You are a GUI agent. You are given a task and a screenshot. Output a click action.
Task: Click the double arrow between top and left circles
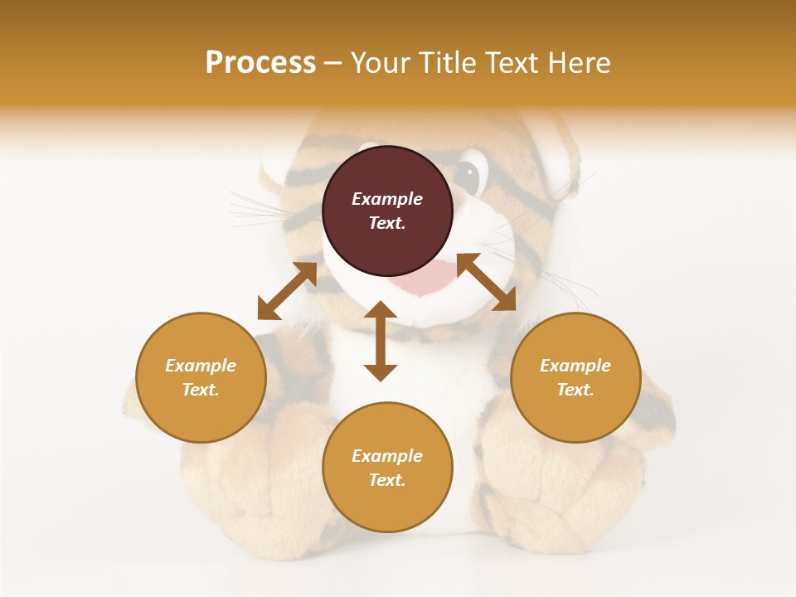[x=287, y=291]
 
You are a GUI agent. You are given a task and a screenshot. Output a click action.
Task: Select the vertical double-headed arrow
[x=381, y=341]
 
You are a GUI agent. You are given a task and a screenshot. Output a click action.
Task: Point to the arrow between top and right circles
[x=486, y=282]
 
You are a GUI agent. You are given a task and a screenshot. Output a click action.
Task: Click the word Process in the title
[x=260, y=63]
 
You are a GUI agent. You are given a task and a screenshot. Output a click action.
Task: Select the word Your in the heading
[x=380, y=63]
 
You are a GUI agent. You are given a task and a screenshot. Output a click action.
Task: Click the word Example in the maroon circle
[x=387, y=199]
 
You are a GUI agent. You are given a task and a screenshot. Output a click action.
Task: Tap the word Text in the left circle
[x=201, y=390]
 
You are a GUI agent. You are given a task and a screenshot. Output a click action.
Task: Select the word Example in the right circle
[x=575, y=366]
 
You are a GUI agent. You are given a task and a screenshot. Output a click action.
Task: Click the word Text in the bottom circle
[x=387, y=480]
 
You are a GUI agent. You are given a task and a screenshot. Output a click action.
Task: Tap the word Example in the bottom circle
[x=387, y=456]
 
